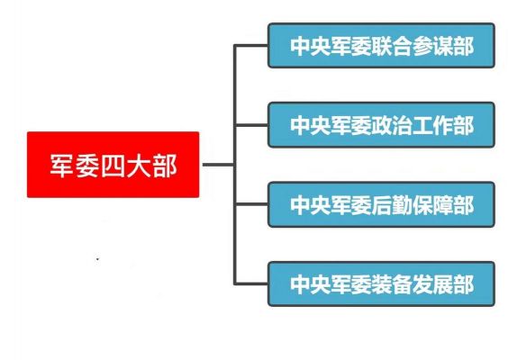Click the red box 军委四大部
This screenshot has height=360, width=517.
113,165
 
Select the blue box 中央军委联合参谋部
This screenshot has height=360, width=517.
381,46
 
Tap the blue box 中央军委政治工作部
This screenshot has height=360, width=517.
381,125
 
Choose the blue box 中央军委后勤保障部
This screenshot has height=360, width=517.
381,204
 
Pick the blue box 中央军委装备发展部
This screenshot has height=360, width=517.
381,283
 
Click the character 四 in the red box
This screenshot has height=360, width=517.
113,166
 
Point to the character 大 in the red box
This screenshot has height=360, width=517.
139,166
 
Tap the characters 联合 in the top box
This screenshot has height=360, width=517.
392,46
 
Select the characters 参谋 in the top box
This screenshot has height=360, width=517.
433,46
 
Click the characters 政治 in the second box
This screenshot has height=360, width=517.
392,125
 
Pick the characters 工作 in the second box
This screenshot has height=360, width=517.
433,125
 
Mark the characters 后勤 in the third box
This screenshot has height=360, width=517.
392,205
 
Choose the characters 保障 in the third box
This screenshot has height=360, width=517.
433,205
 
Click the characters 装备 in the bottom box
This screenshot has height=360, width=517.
392,284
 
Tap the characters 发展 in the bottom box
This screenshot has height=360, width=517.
433,284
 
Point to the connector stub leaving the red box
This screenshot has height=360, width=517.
218,165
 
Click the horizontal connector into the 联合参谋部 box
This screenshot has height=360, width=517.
251,46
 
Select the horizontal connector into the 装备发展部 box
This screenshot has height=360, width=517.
251,283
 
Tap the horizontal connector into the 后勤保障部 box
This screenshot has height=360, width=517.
251,204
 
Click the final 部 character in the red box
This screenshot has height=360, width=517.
165,166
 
